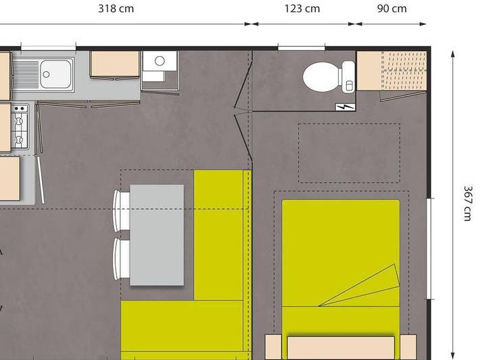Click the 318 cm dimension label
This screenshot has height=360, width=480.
coord(116,9)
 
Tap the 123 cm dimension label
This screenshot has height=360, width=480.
coord(302,9)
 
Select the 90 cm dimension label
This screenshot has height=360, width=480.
coord(392,9)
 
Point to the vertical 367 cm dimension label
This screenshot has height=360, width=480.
coord(467,203)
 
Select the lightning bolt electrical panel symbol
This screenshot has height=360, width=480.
coord(345,107)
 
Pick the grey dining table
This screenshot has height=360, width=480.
coord(157,234)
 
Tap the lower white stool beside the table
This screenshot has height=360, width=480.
coord(121,259)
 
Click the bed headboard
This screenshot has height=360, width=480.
coord(341,348)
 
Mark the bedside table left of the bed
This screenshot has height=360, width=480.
coord(273,346)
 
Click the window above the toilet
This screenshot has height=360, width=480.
coord(301,47)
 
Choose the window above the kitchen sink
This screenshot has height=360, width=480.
coord(48,47)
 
